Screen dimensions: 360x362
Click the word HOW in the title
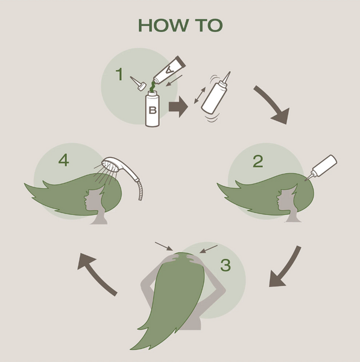pos(163,25)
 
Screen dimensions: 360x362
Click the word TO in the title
pos(209,25)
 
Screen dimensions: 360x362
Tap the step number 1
pos(119,74)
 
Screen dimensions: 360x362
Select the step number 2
pos(258,161)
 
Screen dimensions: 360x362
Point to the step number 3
pos(226,265)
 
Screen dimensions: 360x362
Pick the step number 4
pos(63,160)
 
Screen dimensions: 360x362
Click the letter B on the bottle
pos(153,110)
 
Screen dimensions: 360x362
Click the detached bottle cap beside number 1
pos(139,84)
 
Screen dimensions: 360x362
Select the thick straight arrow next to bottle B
pos(178,107)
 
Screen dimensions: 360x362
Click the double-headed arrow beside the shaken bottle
pos(200,95)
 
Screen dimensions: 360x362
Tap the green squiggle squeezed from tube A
pos(153,87)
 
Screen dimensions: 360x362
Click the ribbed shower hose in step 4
pos(140,190)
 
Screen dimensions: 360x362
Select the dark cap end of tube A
pos(180,62)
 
